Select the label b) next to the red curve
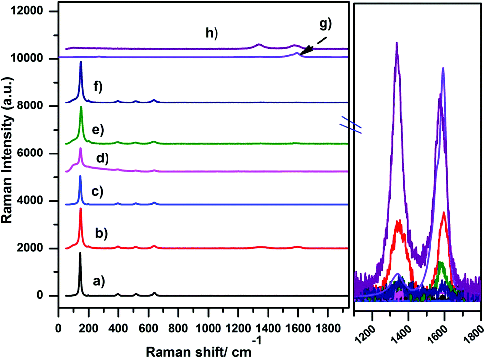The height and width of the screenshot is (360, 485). [101, 232]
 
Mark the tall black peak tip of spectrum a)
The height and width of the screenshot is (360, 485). [80, 253]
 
